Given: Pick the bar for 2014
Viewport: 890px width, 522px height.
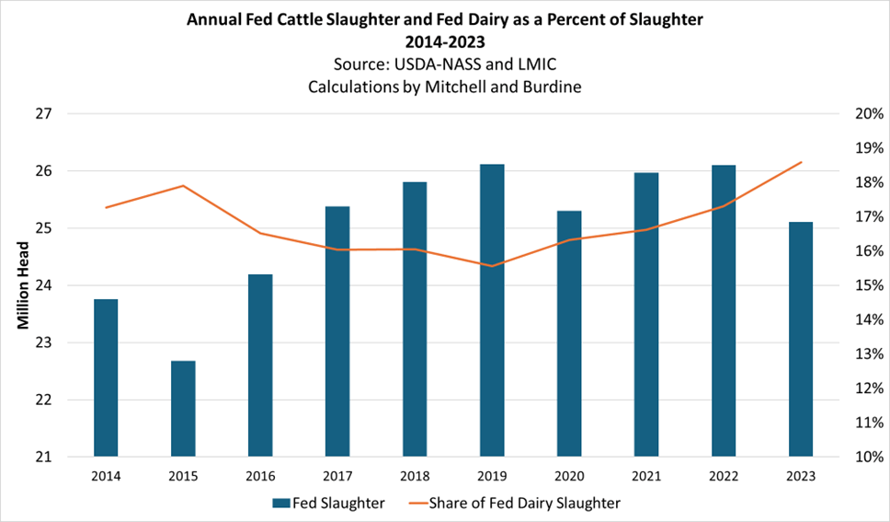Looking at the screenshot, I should point(106,377).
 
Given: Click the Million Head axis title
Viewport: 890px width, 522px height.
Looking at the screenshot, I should point(24,285).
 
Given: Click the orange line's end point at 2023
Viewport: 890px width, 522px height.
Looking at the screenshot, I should point(801,162).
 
